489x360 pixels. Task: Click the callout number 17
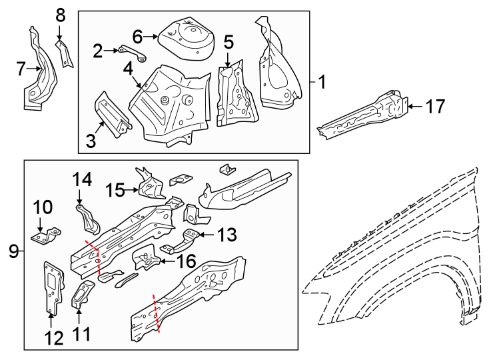pyautogui.click(x=434, y=106)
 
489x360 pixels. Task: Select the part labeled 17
pyautogui.click(x=363, y=117)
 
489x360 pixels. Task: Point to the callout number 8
pyautogui.click(x=61, y=14)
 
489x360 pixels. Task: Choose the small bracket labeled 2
pyautogui.click(x=129, y=51)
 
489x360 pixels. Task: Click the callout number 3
pyautogui.click(x=91, y=141)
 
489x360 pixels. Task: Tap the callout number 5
pyautogui.click(x=228, y=43)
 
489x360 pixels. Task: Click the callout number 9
pyautogui.click(x=13, y=251)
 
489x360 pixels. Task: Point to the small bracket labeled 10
pyautogui.click(x=46, y=236)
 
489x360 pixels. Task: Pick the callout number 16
pyautogui.click(x=185, y=261)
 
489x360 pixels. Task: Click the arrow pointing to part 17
pyautogui.click(x=413, y=106)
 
